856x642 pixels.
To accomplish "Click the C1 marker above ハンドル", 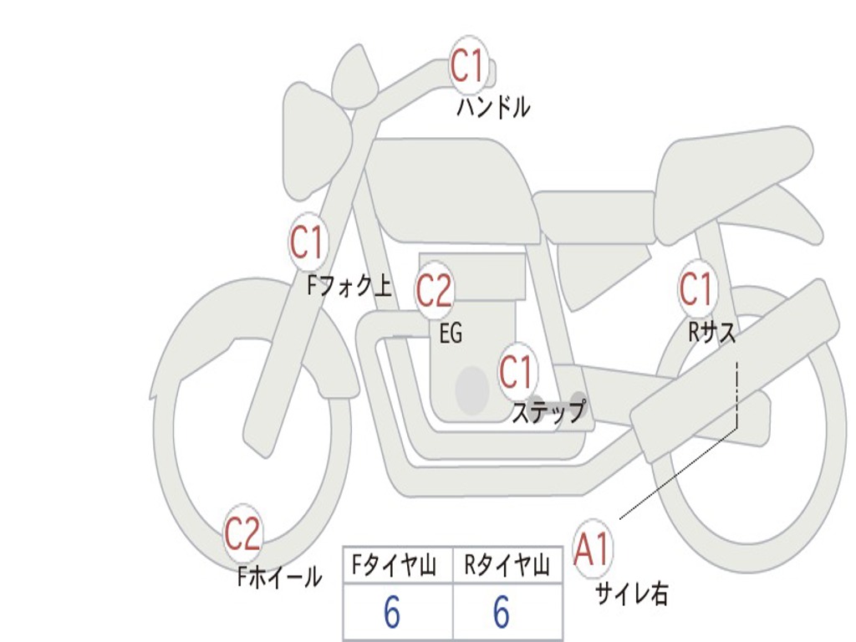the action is [468, 64].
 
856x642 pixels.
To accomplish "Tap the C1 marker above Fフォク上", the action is [308, 242].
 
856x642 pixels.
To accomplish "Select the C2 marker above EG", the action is [435, 290].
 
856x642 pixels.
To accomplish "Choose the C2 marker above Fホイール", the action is [243, 532].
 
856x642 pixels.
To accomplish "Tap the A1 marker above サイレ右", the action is [593, 548].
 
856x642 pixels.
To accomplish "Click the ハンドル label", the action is [493, 106].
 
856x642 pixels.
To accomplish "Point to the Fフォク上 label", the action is [349, 286].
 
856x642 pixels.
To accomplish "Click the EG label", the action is [451, 333].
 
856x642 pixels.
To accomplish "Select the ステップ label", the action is [549, 411].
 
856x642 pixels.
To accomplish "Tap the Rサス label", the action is [712, 331].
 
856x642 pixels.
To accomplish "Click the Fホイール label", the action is [279, 577].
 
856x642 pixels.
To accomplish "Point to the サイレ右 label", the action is [632, 594].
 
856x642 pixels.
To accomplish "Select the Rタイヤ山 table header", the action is [507, 565].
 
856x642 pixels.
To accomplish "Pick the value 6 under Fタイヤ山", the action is [392, 612].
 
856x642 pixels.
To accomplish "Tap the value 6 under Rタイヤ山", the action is [502, 612].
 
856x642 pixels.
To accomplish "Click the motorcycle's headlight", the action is [317, 142].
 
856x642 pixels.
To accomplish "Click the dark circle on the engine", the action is [472, 390].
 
